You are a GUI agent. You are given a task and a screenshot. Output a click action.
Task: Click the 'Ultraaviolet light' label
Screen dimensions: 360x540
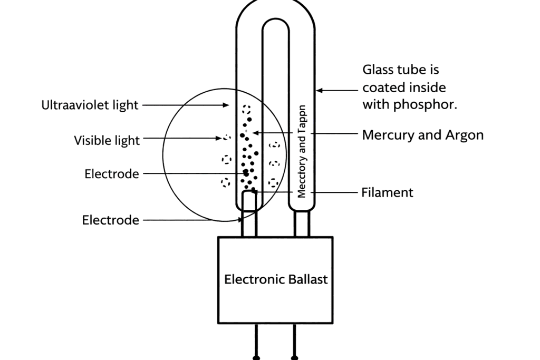point(90,105)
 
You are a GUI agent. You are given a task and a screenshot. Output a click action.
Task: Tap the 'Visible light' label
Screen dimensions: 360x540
point(107,141)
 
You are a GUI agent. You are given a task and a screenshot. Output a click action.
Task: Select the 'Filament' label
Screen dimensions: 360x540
point(387,193)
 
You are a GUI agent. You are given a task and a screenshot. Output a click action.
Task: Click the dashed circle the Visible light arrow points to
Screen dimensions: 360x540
point(227,138)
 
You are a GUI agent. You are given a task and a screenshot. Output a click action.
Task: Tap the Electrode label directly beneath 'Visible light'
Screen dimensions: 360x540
point(112,174)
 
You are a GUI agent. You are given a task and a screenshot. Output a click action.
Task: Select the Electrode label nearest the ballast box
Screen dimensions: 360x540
point(111,220)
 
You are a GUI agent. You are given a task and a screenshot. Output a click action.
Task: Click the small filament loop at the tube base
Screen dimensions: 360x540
point(249,200)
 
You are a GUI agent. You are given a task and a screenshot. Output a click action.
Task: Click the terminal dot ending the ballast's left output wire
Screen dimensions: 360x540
point(256,358)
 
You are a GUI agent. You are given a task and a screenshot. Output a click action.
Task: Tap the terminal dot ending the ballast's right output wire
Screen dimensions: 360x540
point(294,358)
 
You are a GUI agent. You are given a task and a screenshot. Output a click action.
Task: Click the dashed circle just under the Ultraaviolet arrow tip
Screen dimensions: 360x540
point(246,110)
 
